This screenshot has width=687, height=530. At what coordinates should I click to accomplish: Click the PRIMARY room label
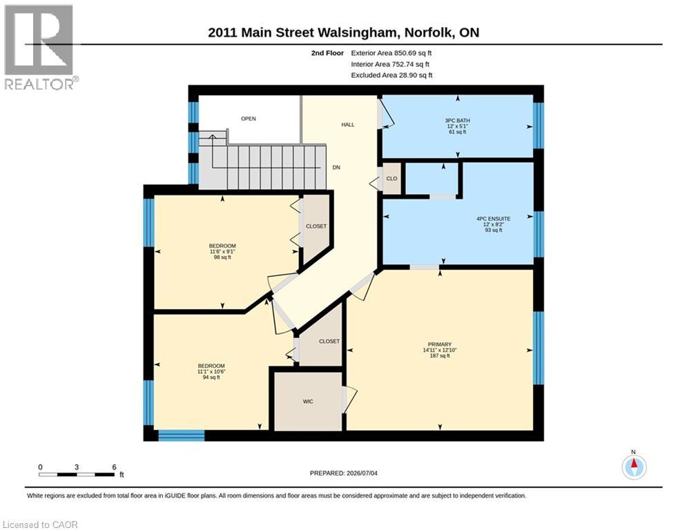click(x=439, y=344)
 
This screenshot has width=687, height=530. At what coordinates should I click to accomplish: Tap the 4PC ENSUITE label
click(x=494, y=219)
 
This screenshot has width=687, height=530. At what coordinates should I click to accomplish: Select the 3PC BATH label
click(x=457, y=121)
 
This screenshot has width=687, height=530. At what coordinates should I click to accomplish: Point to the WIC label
click(x=308, y=401)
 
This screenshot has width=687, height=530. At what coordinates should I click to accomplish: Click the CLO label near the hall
click(x=391, y=178)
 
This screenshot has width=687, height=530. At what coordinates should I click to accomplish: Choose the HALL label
click(x=348, y=124)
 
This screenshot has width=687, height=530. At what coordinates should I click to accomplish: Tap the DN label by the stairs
click(x=336, y=167)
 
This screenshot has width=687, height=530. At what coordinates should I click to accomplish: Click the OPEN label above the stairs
click(x=249, y=119)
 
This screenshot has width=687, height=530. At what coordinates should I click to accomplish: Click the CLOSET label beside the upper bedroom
click(x=316, y=226)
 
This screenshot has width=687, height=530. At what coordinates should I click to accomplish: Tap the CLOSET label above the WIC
click(x=329, y=341)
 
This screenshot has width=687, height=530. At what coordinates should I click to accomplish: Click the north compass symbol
click(x=634, y=466)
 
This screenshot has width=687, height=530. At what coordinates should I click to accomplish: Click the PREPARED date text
click(x=344, y=473)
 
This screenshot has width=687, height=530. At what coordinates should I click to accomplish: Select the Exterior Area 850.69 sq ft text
click(x=391, y=53)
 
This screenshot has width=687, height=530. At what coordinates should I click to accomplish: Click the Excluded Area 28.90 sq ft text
click(x=391, y=75)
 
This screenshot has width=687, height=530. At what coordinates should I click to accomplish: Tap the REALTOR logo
click(x=40, y=48)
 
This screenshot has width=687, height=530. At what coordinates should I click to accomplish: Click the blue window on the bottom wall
click(x=182, y=435)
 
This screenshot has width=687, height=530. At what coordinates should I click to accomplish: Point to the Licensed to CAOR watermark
click(x=40, y=524)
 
